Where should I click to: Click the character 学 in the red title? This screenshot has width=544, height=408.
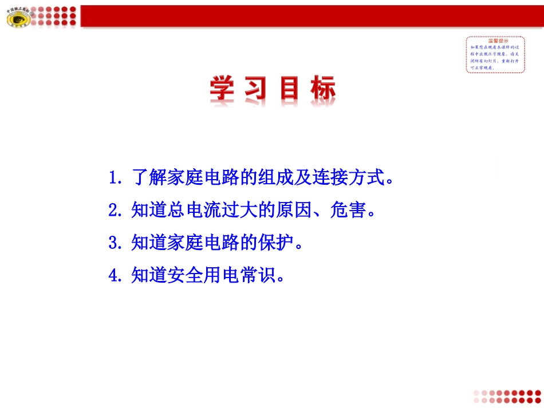tap(224, 90)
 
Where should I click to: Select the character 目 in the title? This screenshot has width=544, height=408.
tap(290, 90)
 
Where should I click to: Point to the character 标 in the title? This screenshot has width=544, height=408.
tap(321, 90)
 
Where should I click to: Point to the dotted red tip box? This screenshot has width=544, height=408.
tap(496, 54)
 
